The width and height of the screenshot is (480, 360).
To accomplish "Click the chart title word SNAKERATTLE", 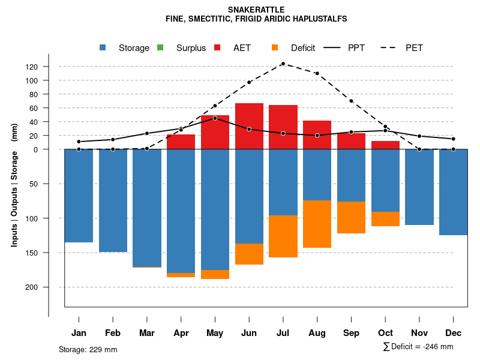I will (x=256, y=10).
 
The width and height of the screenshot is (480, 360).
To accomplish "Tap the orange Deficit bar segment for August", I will (x=317, y=224).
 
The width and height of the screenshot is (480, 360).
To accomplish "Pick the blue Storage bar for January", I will (x=79, y=196).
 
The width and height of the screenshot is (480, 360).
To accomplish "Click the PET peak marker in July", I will (x=283, y=64).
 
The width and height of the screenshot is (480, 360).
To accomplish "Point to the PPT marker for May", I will (x=215, y=118).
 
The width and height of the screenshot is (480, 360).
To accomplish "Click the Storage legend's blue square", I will (x=103, y=48).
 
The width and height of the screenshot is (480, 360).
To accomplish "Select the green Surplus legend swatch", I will (x=160, y=48).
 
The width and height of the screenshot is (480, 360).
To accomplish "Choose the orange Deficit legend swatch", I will (x=275, y=48).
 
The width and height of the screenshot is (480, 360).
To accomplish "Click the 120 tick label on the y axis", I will (x=32, y=67).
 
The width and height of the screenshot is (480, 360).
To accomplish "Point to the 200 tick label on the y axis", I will (x=32, y=287).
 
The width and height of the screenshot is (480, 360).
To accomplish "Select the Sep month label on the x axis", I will (x=351, y=333).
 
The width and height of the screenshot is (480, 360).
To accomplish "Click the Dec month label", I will (x=453, y=333).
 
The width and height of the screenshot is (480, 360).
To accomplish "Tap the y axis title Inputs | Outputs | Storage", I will (x=14, y=184).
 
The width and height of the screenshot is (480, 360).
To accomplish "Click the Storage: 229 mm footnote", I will (x=88, y=349).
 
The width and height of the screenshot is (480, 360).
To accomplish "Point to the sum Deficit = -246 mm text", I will (x=418, y=347).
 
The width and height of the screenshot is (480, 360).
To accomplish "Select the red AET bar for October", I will (x=385, y=145).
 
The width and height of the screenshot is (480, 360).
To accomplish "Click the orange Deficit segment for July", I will (x=283, y=236).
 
